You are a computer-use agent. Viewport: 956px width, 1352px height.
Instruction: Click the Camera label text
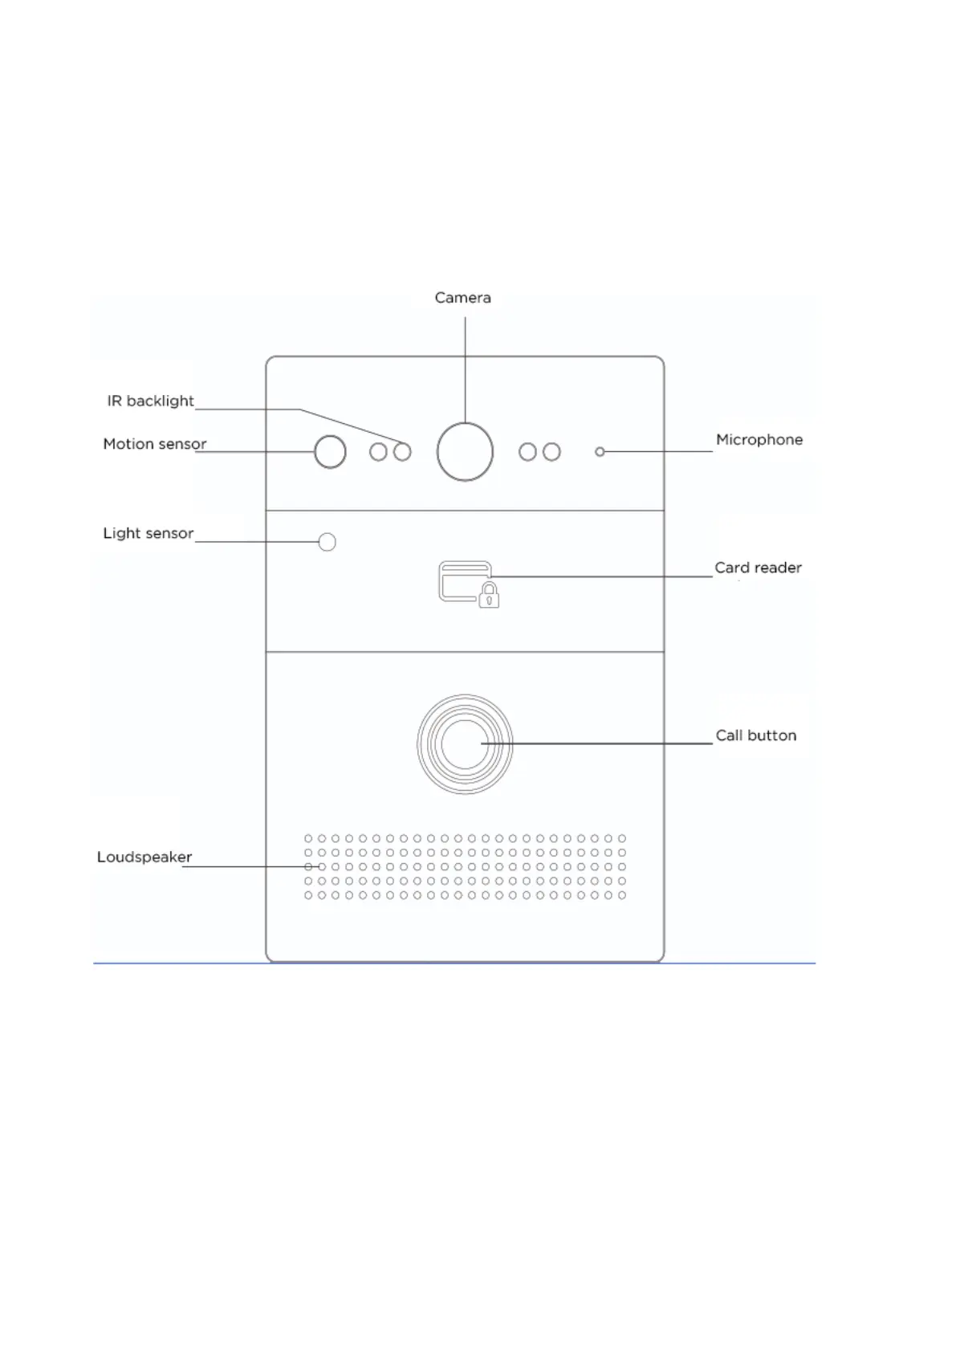tap(462, 298)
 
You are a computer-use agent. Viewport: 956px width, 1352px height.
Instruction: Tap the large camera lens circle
tap(465, 452)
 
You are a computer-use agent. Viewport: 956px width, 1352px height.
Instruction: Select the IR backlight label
tap(151, 401)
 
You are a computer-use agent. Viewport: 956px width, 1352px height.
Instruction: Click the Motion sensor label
tap(155, 444)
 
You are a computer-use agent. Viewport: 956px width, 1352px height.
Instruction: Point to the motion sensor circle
tap(330, 452)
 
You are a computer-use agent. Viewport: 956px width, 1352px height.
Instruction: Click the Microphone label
tap(759, 440)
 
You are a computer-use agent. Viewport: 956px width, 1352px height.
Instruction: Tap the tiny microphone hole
tap(600, 452)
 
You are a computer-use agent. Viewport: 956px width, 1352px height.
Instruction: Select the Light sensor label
tap(148, 533)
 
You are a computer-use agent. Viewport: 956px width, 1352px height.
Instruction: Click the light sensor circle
tap(327, 542)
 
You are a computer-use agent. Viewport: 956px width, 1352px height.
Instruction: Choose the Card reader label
tap(758, 568)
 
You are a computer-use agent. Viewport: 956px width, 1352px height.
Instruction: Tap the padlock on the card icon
tap(489, 596)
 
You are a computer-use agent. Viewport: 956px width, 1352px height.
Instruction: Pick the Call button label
tap(755, 735)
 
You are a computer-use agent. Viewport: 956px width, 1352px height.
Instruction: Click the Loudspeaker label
tap(144, 857)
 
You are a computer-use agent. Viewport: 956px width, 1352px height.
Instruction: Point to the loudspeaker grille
tap(465, 867)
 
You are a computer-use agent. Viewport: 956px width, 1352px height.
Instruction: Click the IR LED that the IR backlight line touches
tap(402, 452)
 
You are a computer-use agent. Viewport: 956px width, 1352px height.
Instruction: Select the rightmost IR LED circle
tap(551, 452)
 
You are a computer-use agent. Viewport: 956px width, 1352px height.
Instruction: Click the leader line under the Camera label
tap(465, 369)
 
